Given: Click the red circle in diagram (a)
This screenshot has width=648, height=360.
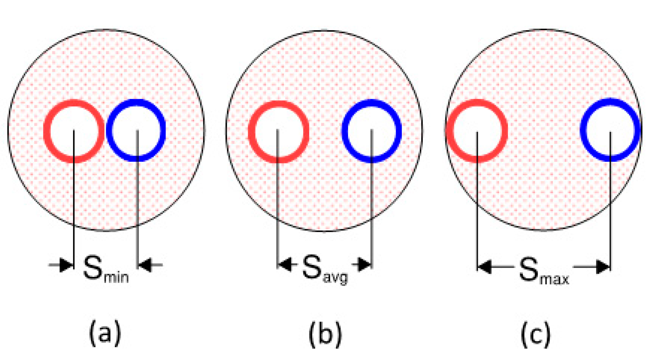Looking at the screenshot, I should [x=74, y=131].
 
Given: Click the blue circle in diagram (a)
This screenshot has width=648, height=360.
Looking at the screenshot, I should [x=136, y=130].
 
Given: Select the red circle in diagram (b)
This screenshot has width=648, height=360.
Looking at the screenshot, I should [x=278, y=132].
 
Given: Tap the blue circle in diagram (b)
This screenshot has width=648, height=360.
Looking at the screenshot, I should [x=371, y=131].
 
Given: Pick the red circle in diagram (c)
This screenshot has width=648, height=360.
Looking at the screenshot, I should [x=477, y=131].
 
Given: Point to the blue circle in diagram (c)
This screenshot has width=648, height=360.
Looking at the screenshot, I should [x=610, y=130].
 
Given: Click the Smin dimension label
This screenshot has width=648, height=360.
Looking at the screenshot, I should [x=105, y=269].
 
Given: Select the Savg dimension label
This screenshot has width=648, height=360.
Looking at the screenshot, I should [x=324, y=270].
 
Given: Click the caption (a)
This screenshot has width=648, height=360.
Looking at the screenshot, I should [x=105, y=333].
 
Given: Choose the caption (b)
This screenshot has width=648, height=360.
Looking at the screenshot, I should [x=325, y=334].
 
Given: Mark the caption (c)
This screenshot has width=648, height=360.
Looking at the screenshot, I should [x=536, y=334].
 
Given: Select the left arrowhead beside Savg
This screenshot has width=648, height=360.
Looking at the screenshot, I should [x=285, y=265].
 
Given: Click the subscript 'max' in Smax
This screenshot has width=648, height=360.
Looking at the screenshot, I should [x=554, y=278].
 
